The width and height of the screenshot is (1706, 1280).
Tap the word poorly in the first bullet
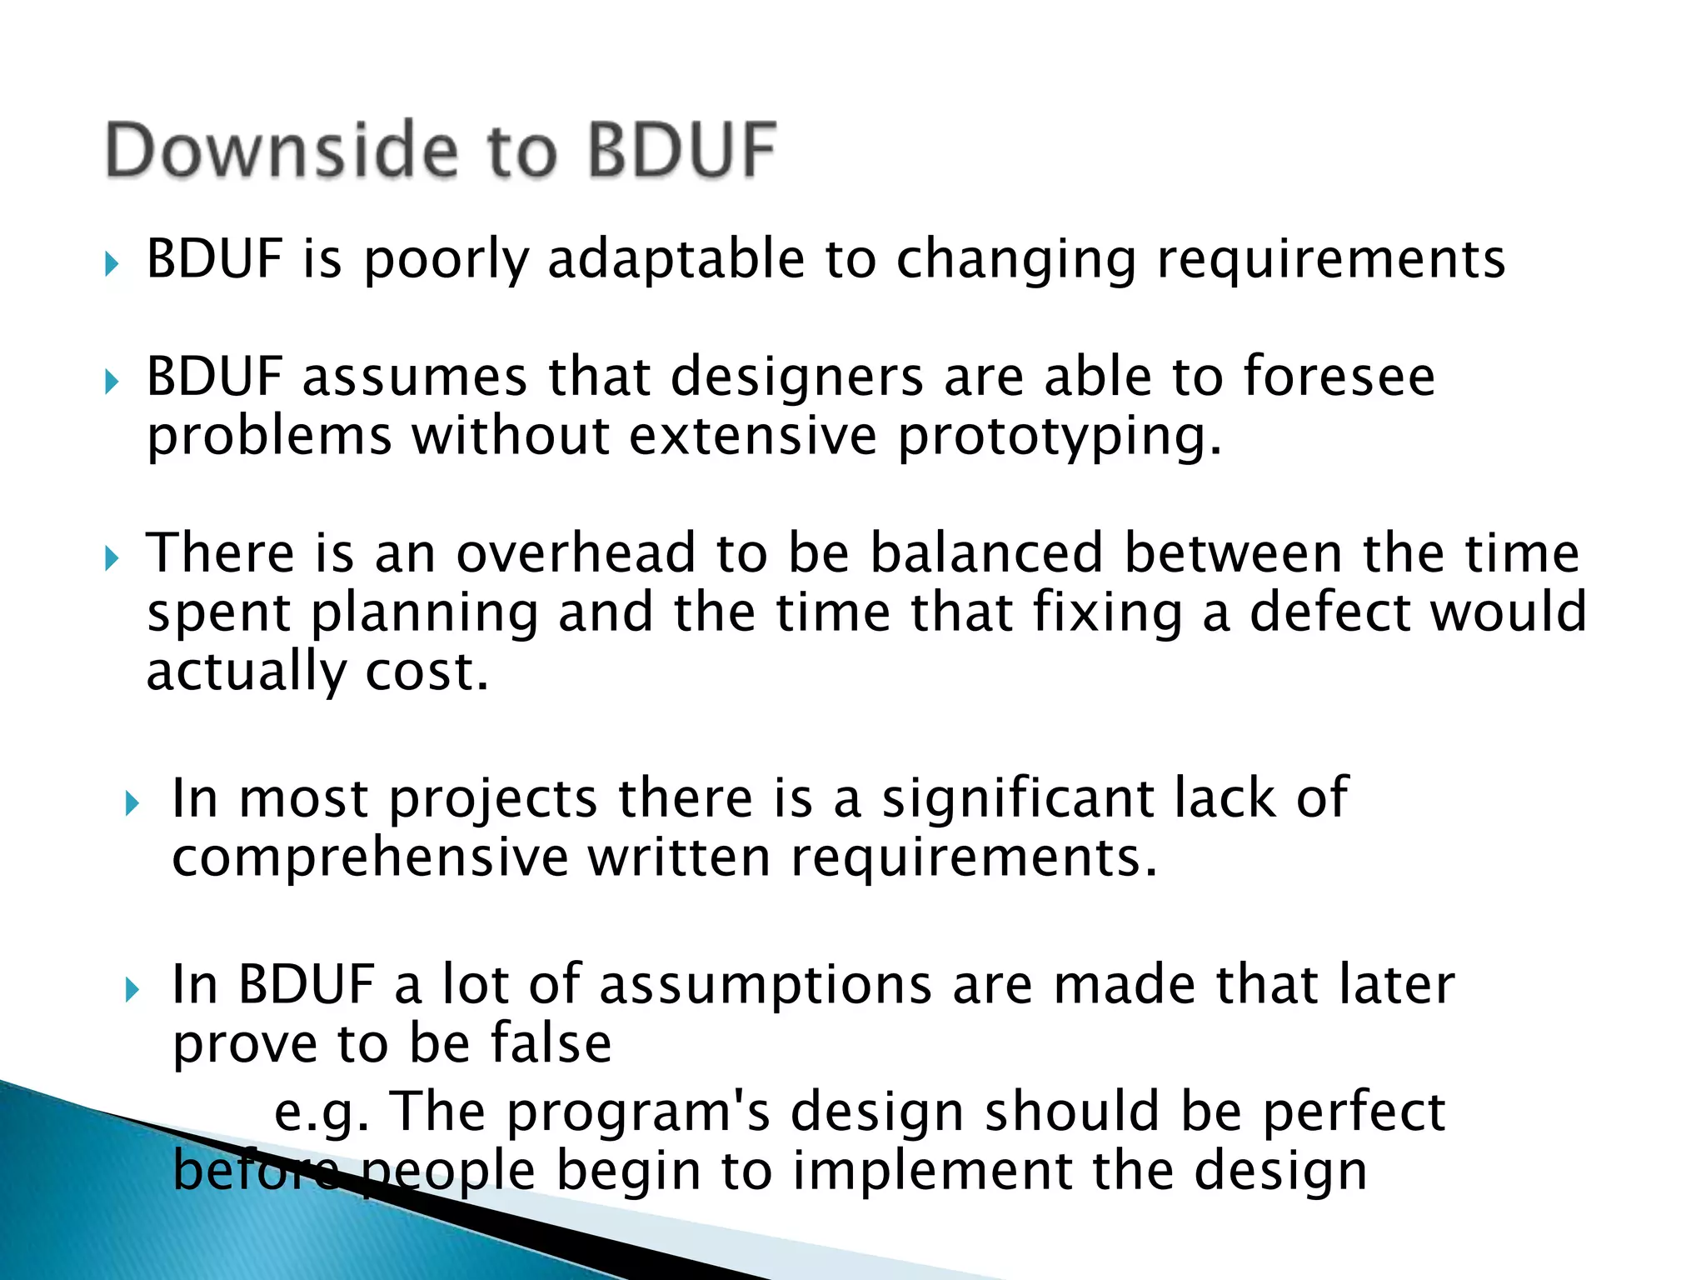point(446,260)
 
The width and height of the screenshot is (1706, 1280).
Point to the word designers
point(796,377)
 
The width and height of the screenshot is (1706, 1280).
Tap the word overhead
point(576,553)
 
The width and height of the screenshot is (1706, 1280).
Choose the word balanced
point(986,553)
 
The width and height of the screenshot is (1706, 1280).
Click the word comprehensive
point(370,858)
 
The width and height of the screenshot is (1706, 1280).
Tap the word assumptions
point(766,985)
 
